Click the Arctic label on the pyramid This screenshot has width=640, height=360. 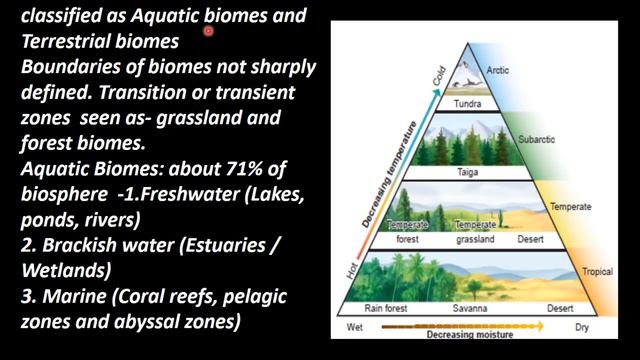pyautogui.click(x=497, y=71)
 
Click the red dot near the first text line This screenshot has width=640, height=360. pyautogui.click(x=209, y=31)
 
